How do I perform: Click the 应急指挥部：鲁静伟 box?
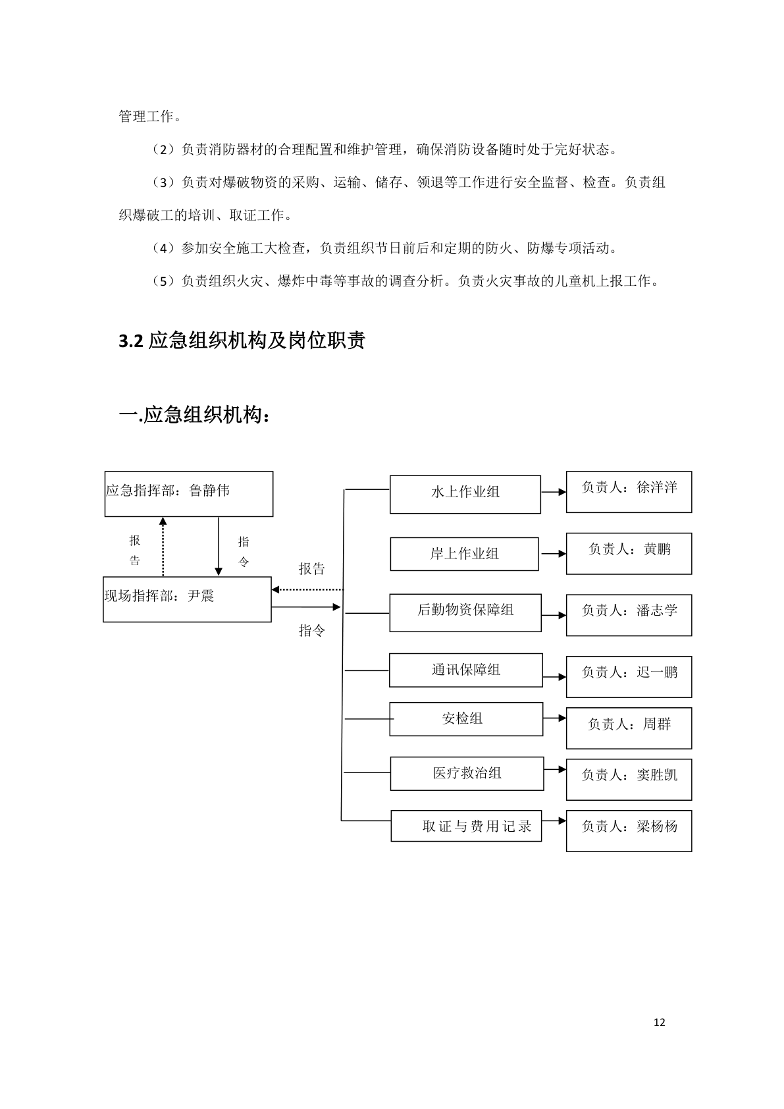point(189,494)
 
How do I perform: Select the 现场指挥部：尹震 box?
point(187,599)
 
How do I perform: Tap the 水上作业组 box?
point(465,495)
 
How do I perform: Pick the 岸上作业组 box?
point(464,554)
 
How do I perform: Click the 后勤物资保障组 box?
point(465,612)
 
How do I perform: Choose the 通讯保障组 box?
point(465,670)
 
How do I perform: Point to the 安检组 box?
point(466,719)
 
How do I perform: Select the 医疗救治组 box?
point(467,774)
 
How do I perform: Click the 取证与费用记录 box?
point(466,826)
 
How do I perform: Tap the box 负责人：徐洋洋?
point(629,492)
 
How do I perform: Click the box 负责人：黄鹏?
point(629,553)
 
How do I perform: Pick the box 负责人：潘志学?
point(629,615)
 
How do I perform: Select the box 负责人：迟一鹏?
point(629,676)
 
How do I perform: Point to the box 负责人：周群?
point(629,728)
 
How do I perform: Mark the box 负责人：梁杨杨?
point(629,830)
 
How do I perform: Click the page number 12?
point(660,1023)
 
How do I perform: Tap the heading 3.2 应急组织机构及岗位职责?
point(242,341)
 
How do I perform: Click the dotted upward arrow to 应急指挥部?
point(163,547)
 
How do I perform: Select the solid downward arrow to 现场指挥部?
point(219,547)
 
